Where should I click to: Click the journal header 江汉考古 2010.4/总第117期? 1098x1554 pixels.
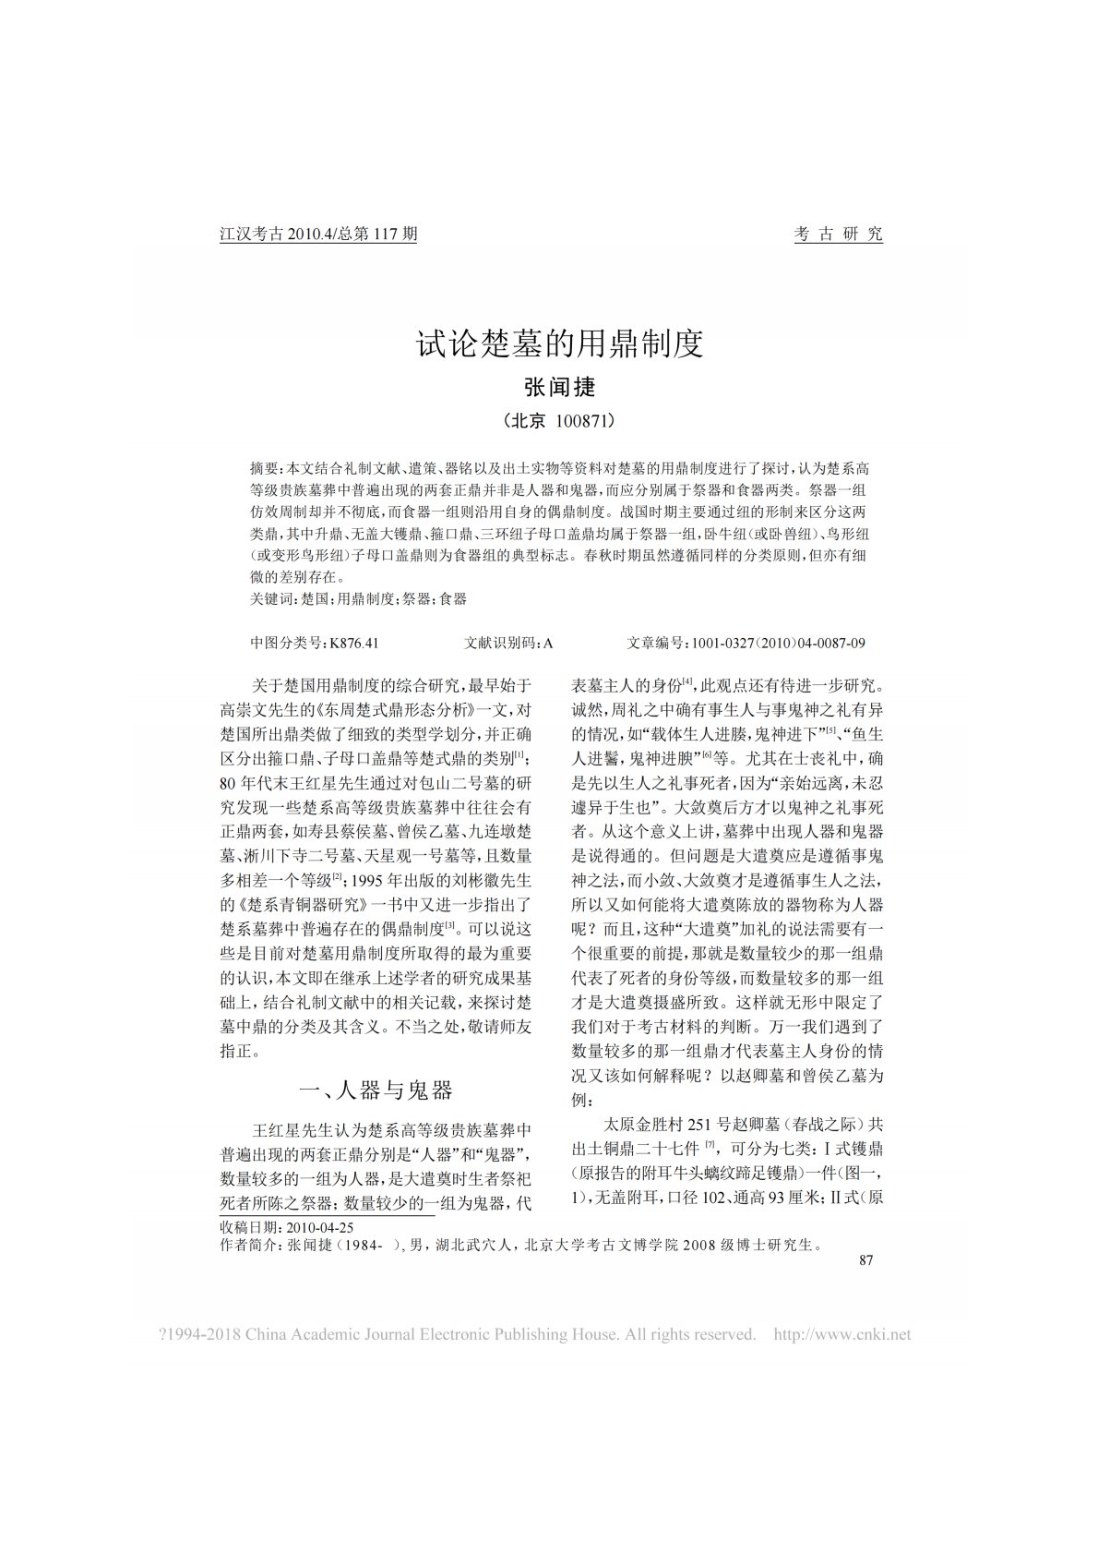click(x=318, y=234)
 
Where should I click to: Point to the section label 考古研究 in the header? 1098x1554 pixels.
click(x=838, y=234)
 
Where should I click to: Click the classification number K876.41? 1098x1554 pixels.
click(x=354, y=643)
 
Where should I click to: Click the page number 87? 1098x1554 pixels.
click(x=865, y=1260)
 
